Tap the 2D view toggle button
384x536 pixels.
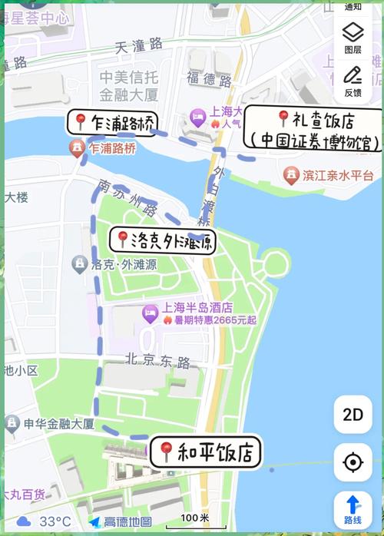353,415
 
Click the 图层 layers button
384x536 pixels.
353,37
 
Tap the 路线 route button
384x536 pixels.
353,509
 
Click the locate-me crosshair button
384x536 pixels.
353,463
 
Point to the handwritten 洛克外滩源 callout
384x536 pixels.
164,240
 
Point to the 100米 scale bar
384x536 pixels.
194,519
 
